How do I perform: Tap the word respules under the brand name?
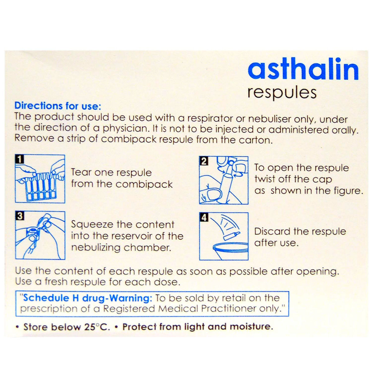click(282, 93)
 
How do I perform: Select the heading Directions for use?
click(58, 106)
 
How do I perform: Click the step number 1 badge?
click(20, 159)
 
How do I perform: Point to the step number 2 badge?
click(204, 161)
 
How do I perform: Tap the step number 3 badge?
click(20, 216)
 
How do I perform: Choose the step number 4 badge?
click(204, 217)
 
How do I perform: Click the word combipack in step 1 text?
click(144, 184)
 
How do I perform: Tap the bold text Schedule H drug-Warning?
click(88, 298)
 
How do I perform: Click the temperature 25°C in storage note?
click(97, 327)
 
